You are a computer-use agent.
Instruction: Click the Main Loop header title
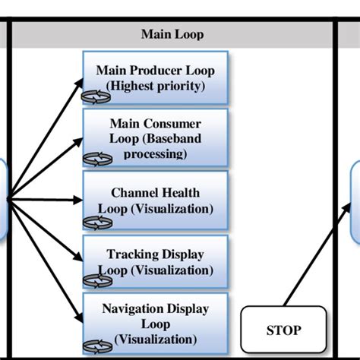click(172, 34)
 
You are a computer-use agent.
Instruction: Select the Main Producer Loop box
click(156, 78)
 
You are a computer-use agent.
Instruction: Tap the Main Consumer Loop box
click(156, 137)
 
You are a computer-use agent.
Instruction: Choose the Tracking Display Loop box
click(156, 261)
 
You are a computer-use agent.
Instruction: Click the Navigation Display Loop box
click(156, 322)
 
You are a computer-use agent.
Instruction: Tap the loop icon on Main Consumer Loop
click(97, 157)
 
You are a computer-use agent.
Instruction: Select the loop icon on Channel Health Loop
click(97, 221)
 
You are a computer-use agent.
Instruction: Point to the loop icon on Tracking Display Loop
click(97, 280)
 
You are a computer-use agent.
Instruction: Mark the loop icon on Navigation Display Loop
click(97, 343)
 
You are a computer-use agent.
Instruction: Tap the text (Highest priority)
click(156, 86)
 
